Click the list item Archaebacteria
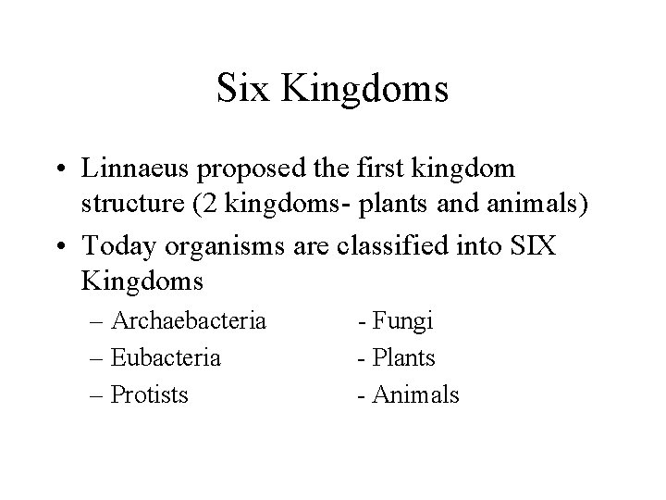click(x=188, y=321)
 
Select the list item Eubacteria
click(x=166, y=357)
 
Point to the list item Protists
click(x=149, y=394)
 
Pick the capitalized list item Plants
click(x=403, y=357)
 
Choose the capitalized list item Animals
click(x=415, y=394)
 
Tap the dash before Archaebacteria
click(x=98, y=322)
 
